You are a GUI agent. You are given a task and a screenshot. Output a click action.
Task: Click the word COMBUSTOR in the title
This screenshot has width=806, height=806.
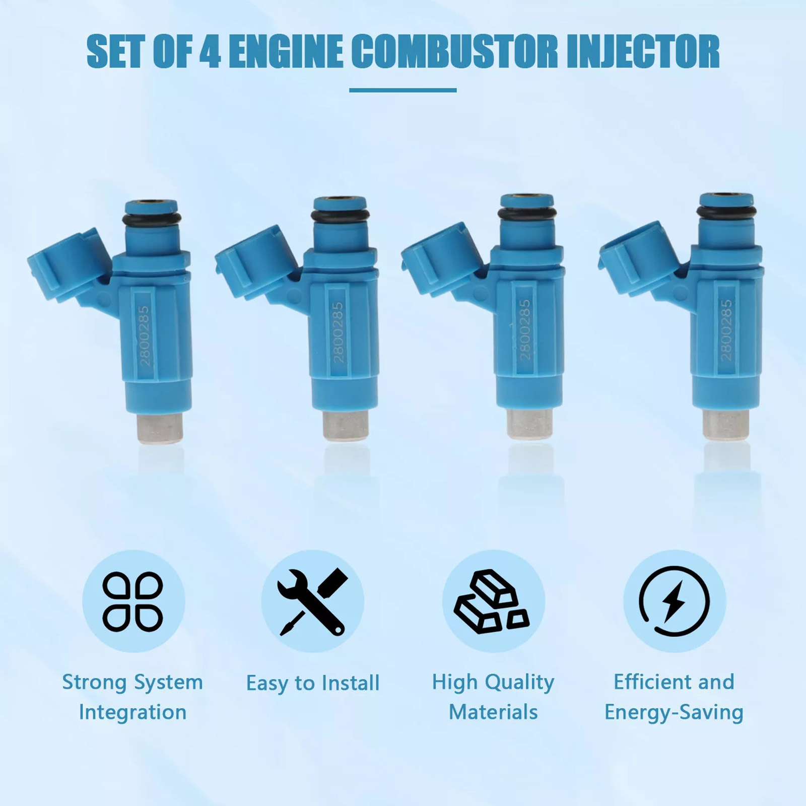(454, 51)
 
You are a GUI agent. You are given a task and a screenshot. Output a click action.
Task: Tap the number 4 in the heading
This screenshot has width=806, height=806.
(210, 51)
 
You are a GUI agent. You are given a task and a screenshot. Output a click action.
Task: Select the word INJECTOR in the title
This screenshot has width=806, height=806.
(643, 51)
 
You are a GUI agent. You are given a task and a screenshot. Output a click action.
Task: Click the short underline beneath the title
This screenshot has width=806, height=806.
(403, 90)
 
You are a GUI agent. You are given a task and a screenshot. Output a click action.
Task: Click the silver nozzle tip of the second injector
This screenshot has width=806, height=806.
(346, 426)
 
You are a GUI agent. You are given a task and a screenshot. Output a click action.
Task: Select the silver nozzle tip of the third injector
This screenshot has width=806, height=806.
(529, 424)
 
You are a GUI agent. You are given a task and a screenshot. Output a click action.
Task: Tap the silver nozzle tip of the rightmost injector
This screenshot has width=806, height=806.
(725, 424)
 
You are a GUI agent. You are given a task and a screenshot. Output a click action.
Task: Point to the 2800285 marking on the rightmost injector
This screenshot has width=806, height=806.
(726, 330)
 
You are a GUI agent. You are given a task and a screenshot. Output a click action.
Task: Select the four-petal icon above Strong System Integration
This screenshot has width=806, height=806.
(133, 601)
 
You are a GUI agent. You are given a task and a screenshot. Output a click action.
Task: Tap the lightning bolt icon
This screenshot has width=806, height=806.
(675, 602)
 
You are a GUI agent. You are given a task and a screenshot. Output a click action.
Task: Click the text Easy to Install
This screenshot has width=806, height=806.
(313, 683)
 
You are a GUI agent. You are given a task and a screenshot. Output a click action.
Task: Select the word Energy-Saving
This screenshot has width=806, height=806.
(674, 713)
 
